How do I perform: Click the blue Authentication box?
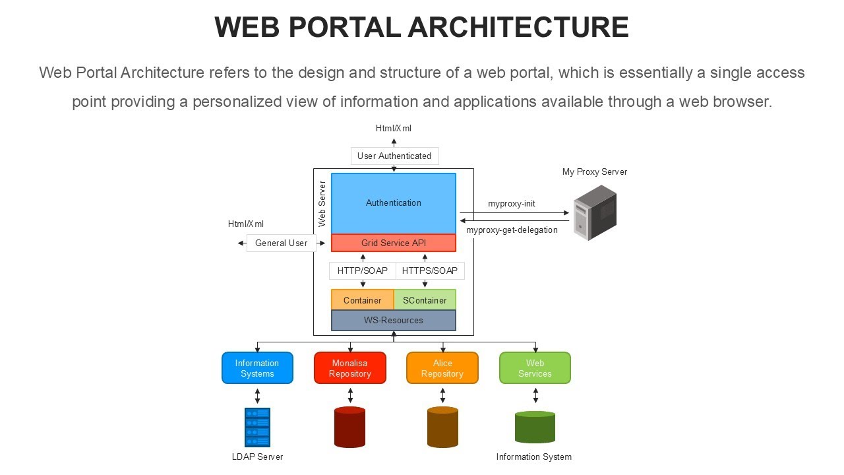pyautogui.click(x=394, y=203)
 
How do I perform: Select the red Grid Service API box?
pyautogui.click(x=394, y=243)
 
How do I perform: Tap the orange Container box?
pyautogui.click(x=362, y=300)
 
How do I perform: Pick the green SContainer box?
pyautogui.click(x=425, y=300)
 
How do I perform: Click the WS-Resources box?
pyautogui.click(x=394, y=320)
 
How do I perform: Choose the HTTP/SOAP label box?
pyautogui.click(x=363, y=270)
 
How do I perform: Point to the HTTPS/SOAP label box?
pyautogui.click(x=430, y=270)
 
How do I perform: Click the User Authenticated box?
pyautogui.click(x=394, y=156)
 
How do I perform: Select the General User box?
pyautogui.click(x=282, y=243)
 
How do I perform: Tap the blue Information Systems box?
pyautogui.click(x=257, y=368)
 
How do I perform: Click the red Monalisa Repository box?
pyautogui.click(x=350, y=368)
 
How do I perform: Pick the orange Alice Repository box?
pyautogui.click(x=442, y=368)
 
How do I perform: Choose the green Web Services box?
pyautogui.click(x=535, y=368)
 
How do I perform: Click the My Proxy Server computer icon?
pyautogui.click(x=595, y=212)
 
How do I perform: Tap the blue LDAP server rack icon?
pyautogui.click(x=257, y=427)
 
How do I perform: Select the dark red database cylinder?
pyautogui.click(x=350, y=427)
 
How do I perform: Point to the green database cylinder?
pyautogui.click(x=535, y=427)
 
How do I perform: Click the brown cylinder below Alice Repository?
pyautogui.click(x=442, y=427)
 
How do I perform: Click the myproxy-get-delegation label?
pyautogui.click(x=512, y=230)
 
